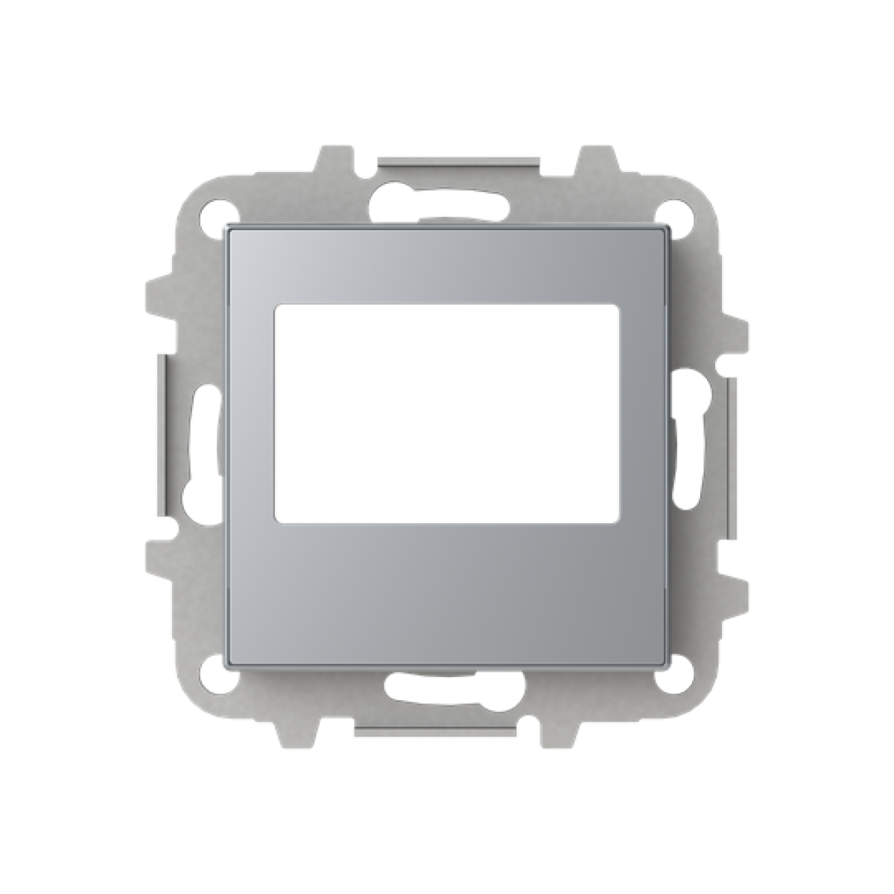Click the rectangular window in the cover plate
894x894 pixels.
click(447, 410)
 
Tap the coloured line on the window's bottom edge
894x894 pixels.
click(328, 519)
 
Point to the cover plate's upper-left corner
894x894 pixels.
click(228, 229)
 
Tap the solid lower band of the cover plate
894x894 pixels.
click(447, 589)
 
